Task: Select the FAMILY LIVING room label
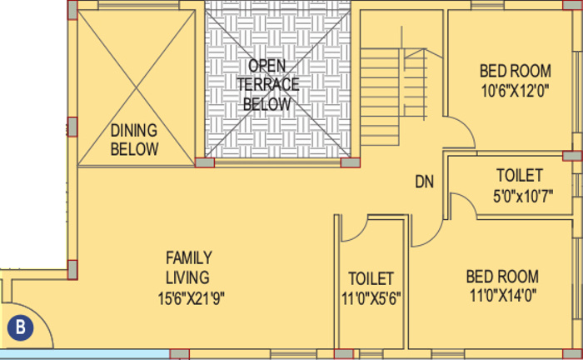click(187, 267)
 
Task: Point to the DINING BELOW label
click(134, 140)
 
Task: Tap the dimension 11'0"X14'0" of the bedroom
click(501, 296)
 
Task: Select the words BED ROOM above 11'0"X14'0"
click(501, 276)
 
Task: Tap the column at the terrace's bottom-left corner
click(204, 162)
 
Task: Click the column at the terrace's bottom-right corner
click(351, 162)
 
